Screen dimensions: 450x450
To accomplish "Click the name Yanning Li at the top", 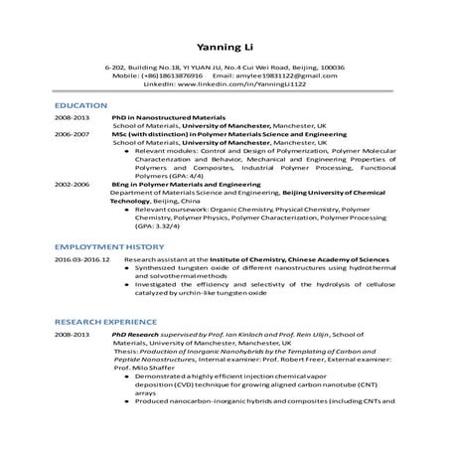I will point(225,45).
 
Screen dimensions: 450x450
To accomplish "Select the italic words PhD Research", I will point(134,336).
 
